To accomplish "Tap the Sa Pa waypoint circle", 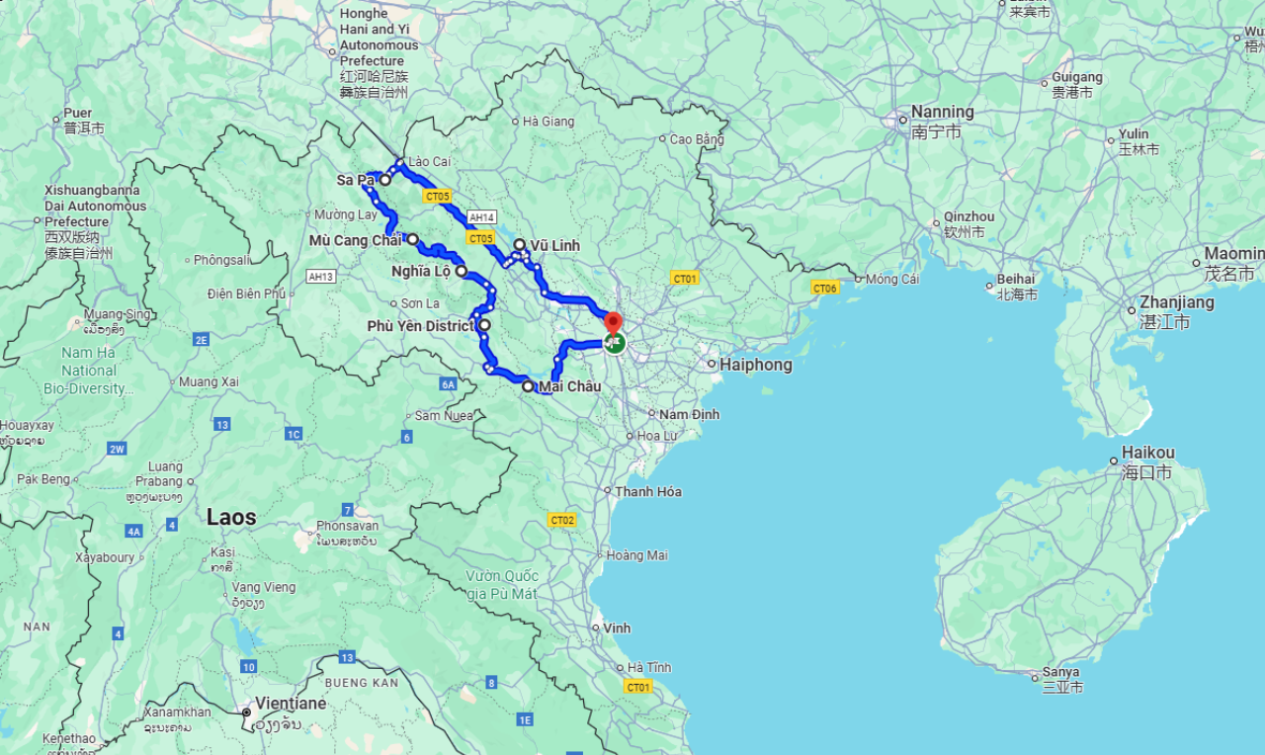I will [x=385, y=180].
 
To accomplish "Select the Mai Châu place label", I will [x=569, y=386].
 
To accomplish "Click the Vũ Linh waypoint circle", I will [x=519, y=244].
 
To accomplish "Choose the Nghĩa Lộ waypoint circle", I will [x=462, y=270].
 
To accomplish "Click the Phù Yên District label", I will [x=420, y=325].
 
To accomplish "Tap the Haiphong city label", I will [x=755, y=365].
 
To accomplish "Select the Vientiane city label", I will [x=291, y=704].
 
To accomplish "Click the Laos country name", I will [x=231, y=517].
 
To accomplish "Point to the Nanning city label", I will [x=942, y=112].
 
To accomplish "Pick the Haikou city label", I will [x=1147, y=453].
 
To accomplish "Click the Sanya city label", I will [x=1060, y=672].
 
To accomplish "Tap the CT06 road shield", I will [x=824, y=288].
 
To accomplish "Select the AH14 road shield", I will [x=482, y=217].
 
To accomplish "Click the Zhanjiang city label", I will [x=1176, y=302].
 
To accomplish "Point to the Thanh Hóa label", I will [x=648, y=491].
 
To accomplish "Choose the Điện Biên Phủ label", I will [x=246, y=294].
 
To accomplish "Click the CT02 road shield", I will [x=562, y=520].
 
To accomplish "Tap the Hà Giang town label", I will [x=548, y=122].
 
